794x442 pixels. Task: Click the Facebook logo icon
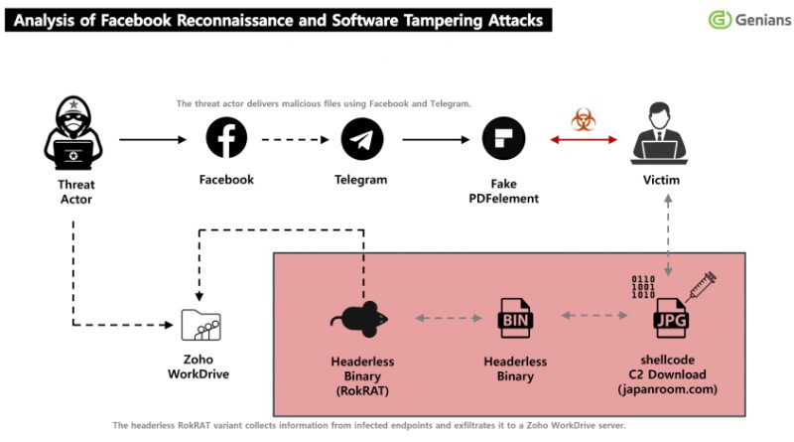coord(226,138)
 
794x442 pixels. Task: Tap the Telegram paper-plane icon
coord(361,140)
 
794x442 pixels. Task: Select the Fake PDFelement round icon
coord(503,140)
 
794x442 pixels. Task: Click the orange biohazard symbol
coord(584,121)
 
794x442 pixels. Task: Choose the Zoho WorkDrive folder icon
coord(199,325)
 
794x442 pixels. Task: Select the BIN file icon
coord(514,319)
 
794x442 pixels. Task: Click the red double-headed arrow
coord(584,140)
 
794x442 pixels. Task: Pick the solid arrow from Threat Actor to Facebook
coord(152,140)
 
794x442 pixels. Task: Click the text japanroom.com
coord(667,389)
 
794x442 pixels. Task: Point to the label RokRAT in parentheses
coord(361,390)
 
